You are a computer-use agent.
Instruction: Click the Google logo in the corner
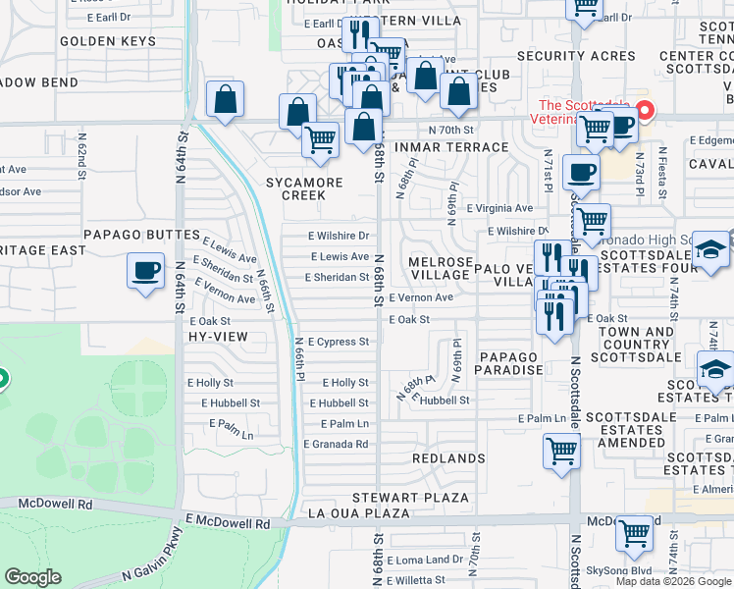pos(33,577)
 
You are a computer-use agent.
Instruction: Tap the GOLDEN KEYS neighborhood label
pos(108,41)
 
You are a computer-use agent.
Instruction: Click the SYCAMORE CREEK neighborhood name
pos(305,188)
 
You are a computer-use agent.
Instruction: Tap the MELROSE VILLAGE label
pos(441,268)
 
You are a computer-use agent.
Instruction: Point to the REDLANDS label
pos(448,458)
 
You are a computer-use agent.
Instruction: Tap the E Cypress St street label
pos(339,342)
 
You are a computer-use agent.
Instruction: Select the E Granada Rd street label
pos(339,444)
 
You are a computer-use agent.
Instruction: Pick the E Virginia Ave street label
pos(499,208)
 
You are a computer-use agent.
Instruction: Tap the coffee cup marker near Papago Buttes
pos(145,270)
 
